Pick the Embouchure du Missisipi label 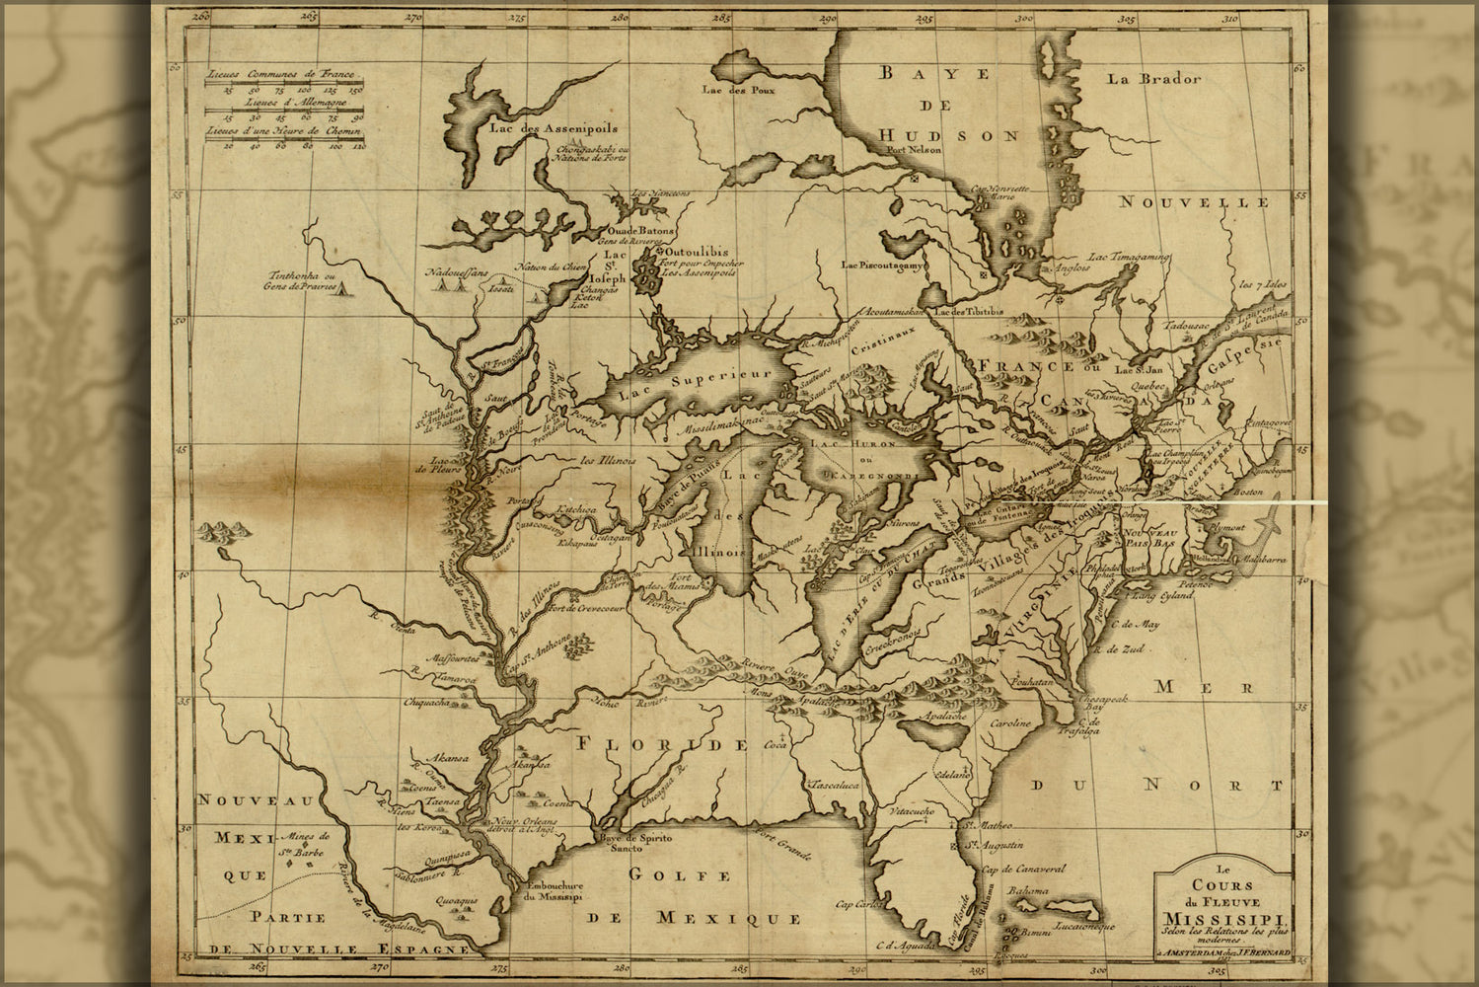554,891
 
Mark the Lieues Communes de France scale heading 280,75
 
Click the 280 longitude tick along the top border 620,16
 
